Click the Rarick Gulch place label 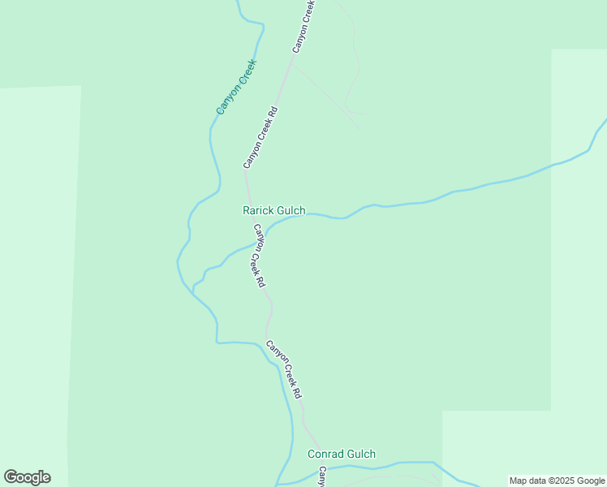click(274, 211)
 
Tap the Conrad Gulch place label click(341, 455)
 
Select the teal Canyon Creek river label click(236, 86)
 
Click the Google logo click(27, 477)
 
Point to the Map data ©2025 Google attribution click(557, 481)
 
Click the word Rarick click(258, 211)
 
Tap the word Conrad click(326, 455)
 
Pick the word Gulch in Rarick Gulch click(291, 211)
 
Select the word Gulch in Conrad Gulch click(361, 455)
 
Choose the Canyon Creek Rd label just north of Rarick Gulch click(261, 137)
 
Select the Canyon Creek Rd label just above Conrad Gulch click(284, 368)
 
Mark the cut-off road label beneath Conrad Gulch click(322, 477)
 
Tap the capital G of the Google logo click(11, 477)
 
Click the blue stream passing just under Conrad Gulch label click(381, 466)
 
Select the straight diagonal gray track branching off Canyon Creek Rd click(325, 94)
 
